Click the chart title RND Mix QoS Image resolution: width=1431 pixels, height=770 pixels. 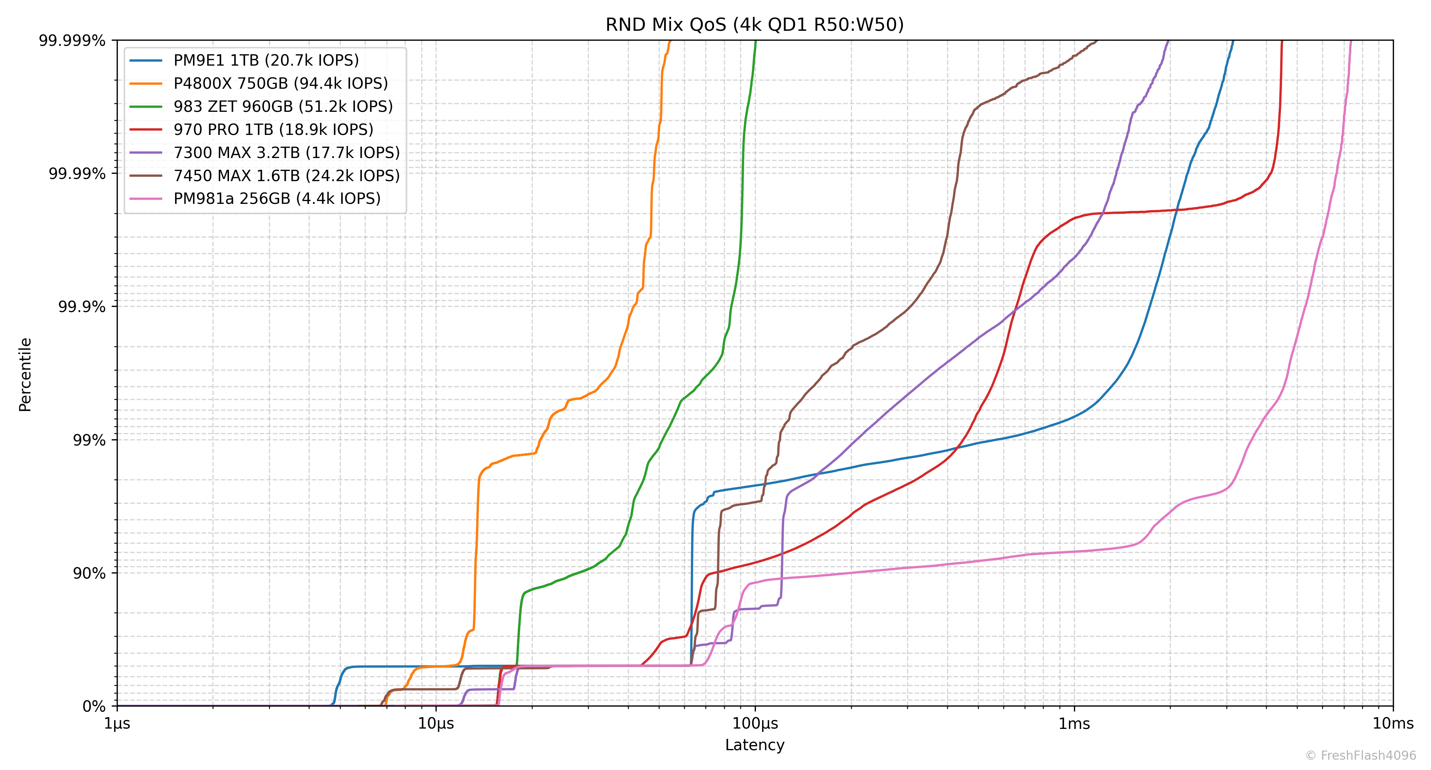pyautogui.click(x=754, y=25)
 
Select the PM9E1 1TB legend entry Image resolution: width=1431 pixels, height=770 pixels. pyautogui.click(x=266, y=60)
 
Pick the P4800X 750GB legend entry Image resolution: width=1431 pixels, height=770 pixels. pyautogui.click(x=281, y=83)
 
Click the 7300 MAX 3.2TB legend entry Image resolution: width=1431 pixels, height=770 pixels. pyautogui.click(x=287, y=153)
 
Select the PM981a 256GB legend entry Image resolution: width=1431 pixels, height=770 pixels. pyautogui.click(x=277, y=199)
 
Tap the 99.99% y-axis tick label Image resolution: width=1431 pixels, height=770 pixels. pyautogui.click(x=77, y=174)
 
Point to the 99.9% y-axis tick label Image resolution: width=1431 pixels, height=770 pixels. pyautogui.click(x=82, y=307)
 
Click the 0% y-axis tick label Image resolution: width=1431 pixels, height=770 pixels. pyautogui.click(x=94, y=706)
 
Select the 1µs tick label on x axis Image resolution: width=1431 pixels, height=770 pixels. pyautogui.click(x=117, y=724)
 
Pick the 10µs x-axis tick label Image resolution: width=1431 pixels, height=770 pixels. pyautogui.click(x=436, y=724)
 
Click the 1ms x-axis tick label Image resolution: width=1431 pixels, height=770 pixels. pyautogui.click(x=1074, y=724)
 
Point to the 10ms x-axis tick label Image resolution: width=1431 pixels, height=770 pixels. pyautogui.click(x=1393, y=724)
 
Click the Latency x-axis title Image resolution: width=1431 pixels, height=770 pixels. pyautogui.click(x=754, y=745)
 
